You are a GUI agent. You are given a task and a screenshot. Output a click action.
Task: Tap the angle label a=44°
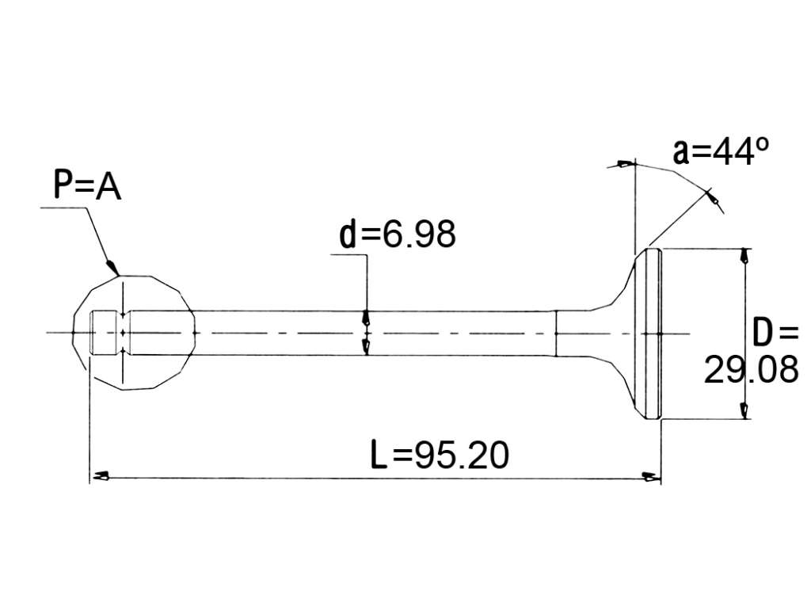(721, 151)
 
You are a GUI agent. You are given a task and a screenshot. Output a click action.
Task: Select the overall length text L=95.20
(440, 455)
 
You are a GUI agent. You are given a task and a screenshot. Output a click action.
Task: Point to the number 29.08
(751, 370)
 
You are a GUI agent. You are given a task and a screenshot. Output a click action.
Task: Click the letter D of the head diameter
(763, 332)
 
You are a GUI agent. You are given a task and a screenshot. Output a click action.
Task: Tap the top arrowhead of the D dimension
(744, 256)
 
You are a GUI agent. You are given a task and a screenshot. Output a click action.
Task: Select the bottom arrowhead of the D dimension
(744, 410)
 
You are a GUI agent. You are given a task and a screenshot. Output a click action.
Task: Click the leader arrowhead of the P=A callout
(113, 268)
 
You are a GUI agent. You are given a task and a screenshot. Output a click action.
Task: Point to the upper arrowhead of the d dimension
(366, 317)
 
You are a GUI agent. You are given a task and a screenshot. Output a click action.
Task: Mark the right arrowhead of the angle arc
(714, 197)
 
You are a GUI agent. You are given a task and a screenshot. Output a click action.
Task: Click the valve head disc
(652, 334)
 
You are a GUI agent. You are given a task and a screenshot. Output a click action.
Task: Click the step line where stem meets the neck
(555, 334)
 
